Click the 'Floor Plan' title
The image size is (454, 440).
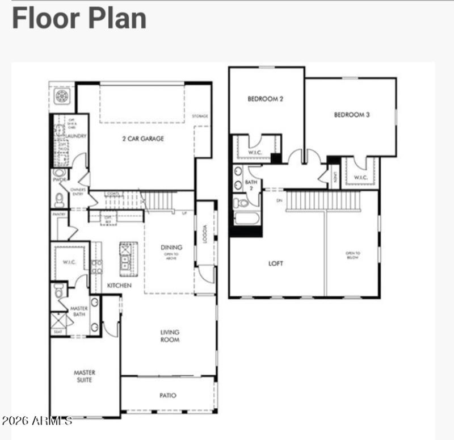tap(79, 18)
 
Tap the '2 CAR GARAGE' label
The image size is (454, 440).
tap(143, 138)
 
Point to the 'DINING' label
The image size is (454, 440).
tap(171, 247)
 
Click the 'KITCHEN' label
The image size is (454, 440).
tap(119, 285)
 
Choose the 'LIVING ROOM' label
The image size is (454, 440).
tap(170, 336)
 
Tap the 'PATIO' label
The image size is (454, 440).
tap(167, 395)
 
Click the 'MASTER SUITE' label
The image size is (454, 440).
tap(85, 376)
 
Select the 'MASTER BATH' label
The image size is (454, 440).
tap(79, 312)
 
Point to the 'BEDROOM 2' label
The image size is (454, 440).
tap(265, 99)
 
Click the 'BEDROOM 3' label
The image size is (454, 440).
tap(352, 115)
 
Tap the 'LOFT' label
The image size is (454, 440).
tap(276, 263)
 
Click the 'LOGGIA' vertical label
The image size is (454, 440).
tap(205, 234)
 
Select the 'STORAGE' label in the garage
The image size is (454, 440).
tap(200, 116)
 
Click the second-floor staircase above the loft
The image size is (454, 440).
tap(323, 200)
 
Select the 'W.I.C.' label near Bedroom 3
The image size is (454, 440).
tap(361, 177)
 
